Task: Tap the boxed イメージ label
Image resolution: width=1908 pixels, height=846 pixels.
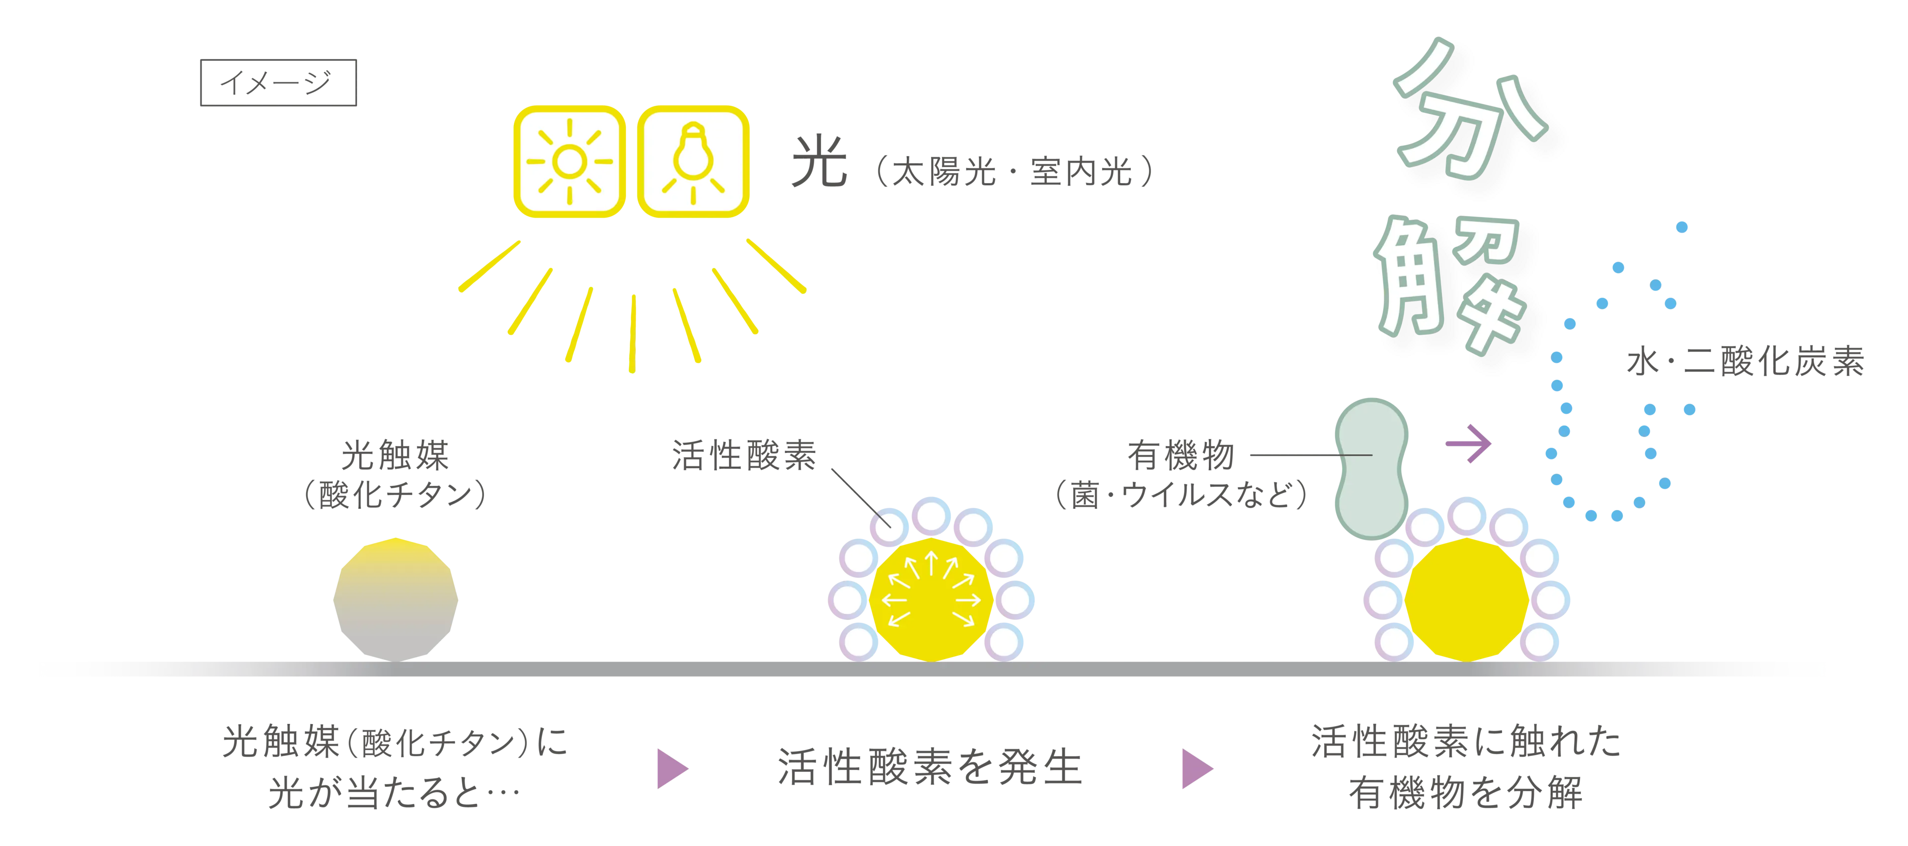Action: click(278, 82)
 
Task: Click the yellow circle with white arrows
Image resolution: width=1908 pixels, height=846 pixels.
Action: click(932, 598)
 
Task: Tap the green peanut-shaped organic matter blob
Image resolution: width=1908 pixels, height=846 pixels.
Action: click(1370, 467)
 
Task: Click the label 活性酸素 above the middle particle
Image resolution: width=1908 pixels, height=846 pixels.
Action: click(744, 457)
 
